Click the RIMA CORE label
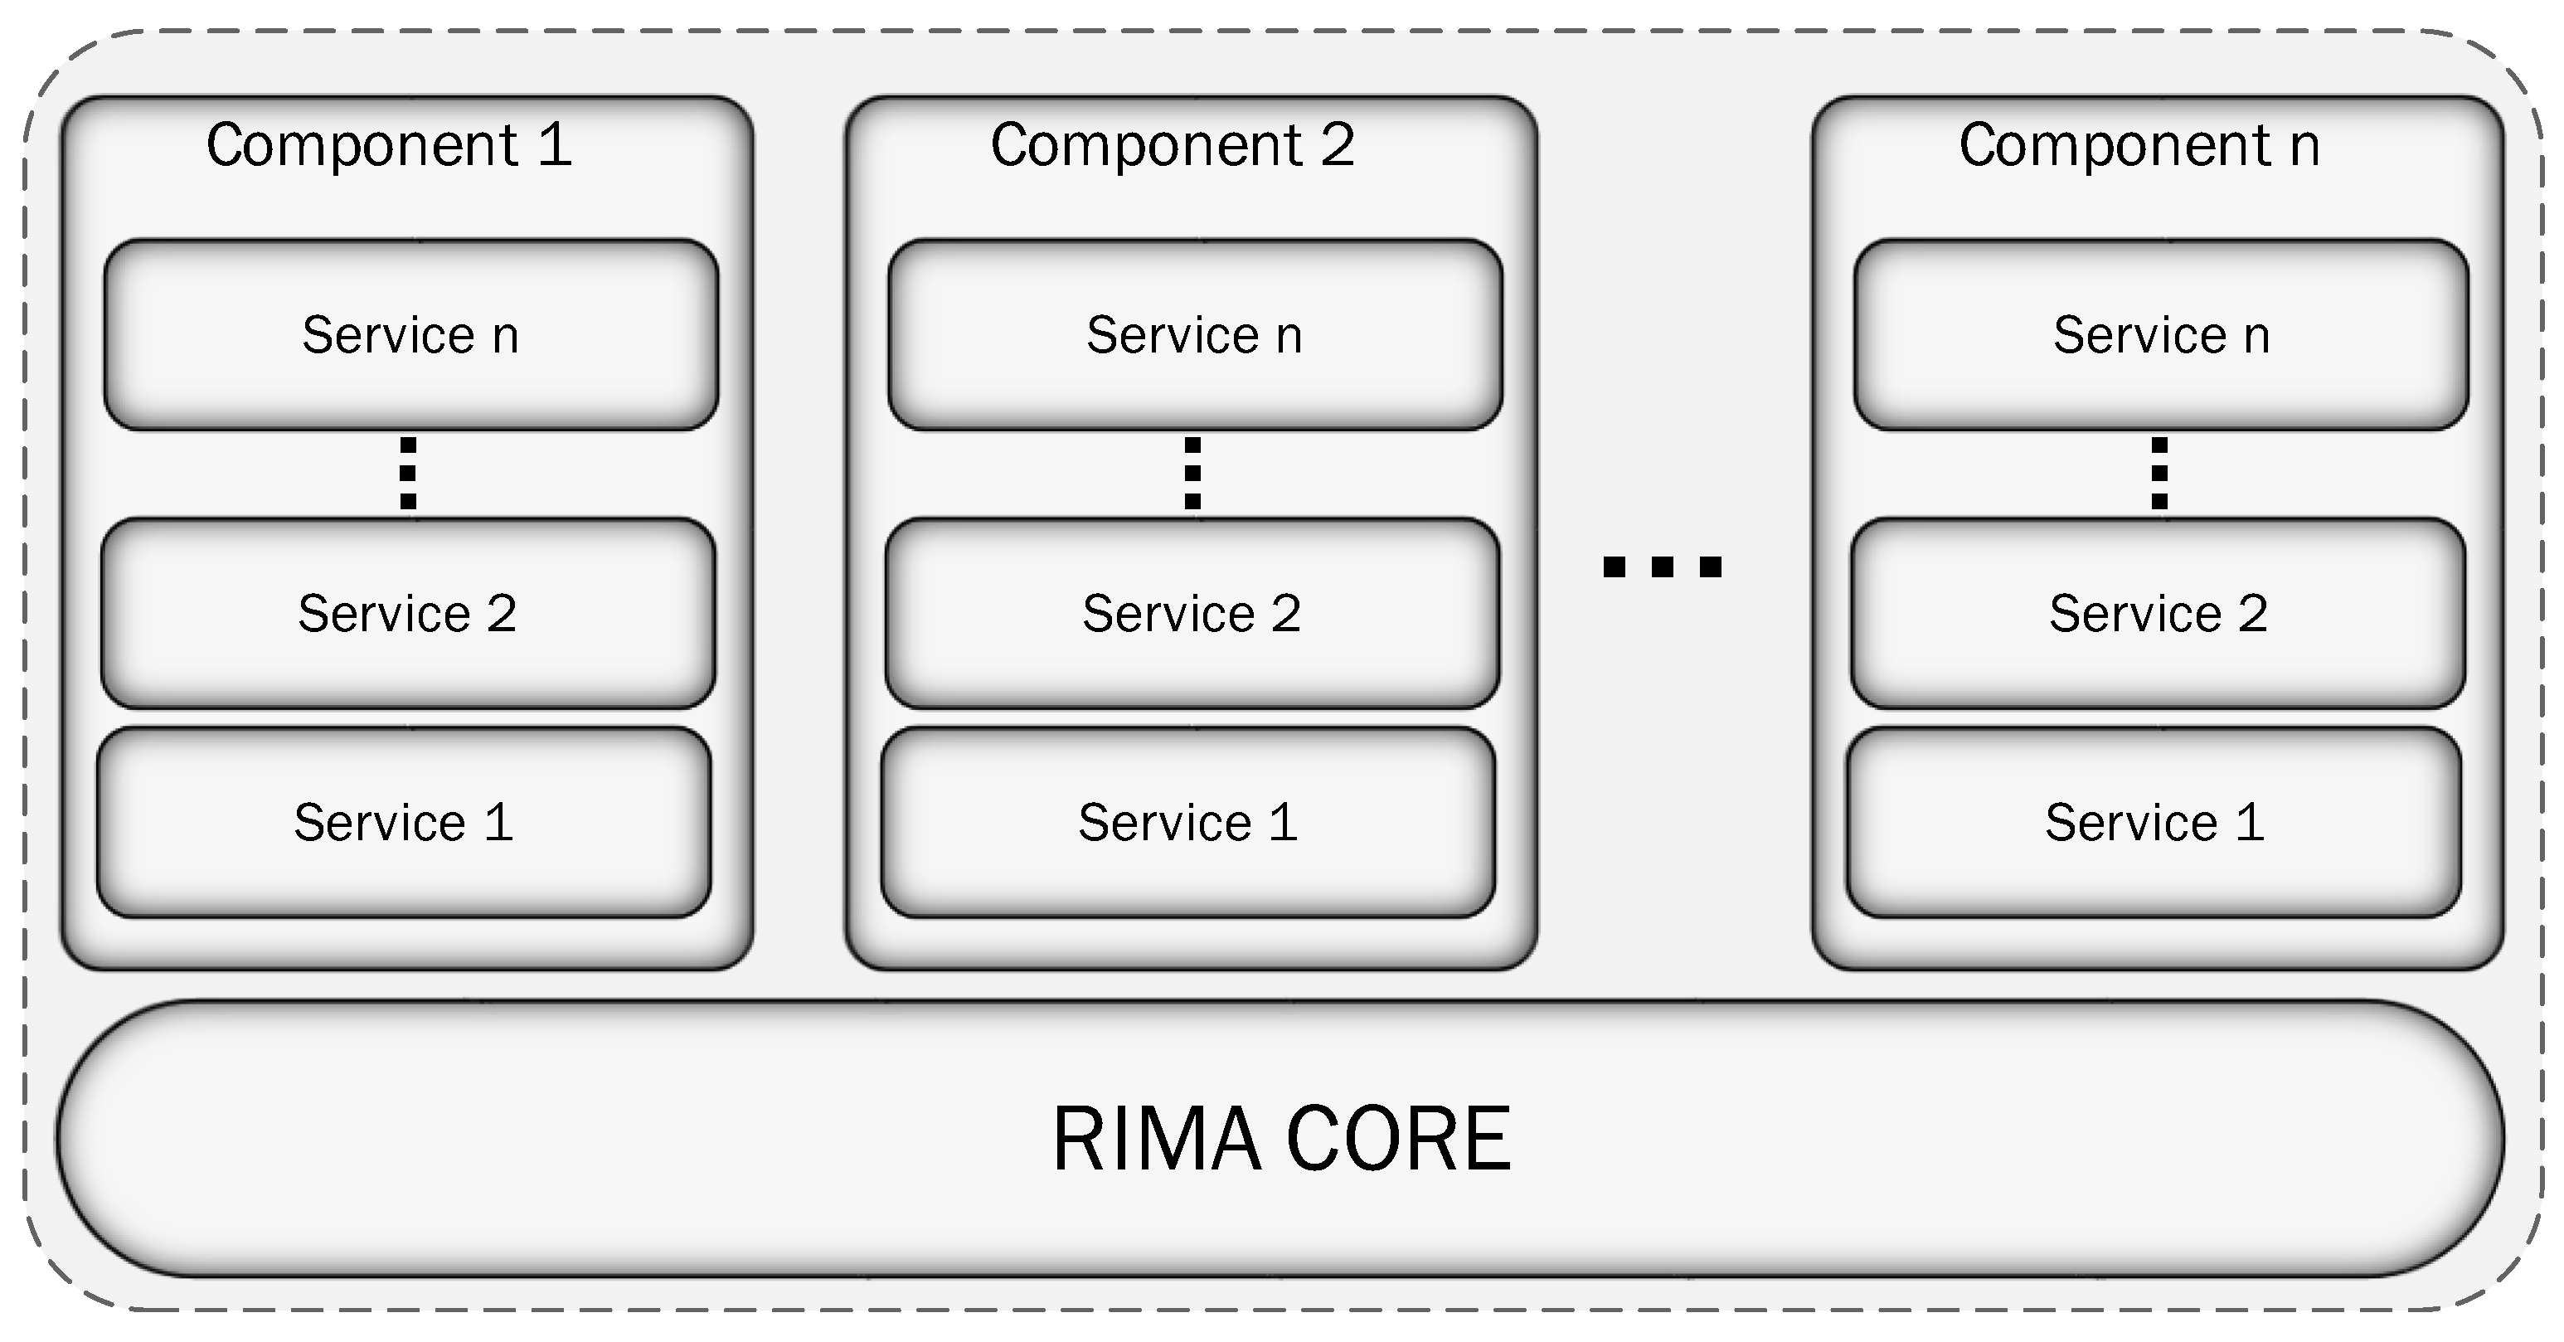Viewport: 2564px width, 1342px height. click(1282, 1139)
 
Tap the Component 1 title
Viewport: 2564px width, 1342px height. click(389, 145)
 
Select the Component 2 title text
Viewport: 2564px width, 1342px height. click(1173, 145)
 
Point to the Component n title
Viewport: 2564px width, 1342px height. click(2140, 145)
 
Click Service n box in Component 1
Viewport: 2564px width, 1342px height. click(411, 334)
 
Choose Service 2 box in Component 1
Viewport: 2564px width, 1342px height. click(408, 613)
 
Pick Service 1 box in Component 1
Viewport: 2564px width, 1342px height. click(404, 822)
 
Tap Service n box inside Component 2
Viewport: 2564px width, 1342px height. click(1196, 334)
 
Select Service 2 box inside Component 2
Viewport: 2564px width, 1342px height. click(1192, 613)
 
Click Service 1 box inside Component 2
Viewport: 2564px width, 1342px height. click(1188, 822)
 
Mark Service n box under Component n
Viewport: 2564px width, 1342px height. click(2162, 334)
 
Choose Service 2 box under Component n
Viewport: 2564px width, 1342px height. click(2159, 613)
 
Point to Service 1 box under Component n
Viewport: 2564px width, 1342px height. click(2155, 822)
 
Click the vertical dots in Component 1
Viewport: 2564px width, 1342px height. click(408, 474)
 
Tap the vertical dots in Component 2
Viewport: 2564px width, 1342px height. click(1192, 474)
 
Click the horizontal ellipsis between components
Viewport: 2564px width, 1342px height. click(1663, 567)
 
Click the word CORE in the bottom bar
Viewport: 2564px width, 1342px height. click(1398, 1139)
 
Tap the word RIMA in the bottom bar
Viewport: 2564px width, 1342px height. click(1158, 1139)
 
